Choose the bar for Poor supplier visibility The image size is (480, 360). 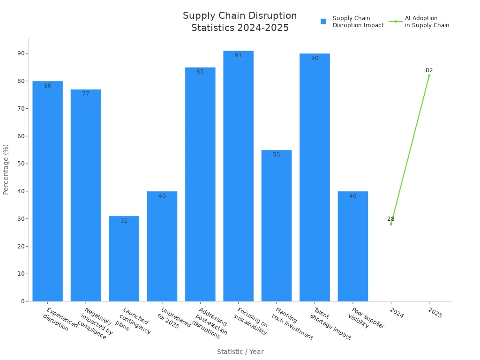coord(352,247)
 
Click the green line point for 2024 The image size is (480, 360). coord(391,224)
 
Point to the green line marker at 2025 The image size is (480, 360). coord(429,75)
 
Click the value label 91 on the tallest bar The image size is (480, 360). coord(238,55)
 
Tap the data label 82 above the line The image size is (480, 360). coord(429,70)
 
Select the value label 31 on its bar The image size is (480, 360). coord(124,221)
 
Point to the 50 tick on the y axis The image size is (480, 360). coord(22,164)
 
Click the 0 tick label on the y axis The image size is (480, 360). coord(23,301)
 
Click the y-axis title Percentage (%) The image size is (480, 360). coord(6,169)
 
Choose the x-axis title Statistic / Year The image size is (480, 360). coord(240,352)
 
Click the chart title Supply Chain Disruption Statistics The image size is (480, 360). coord(240,22)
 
